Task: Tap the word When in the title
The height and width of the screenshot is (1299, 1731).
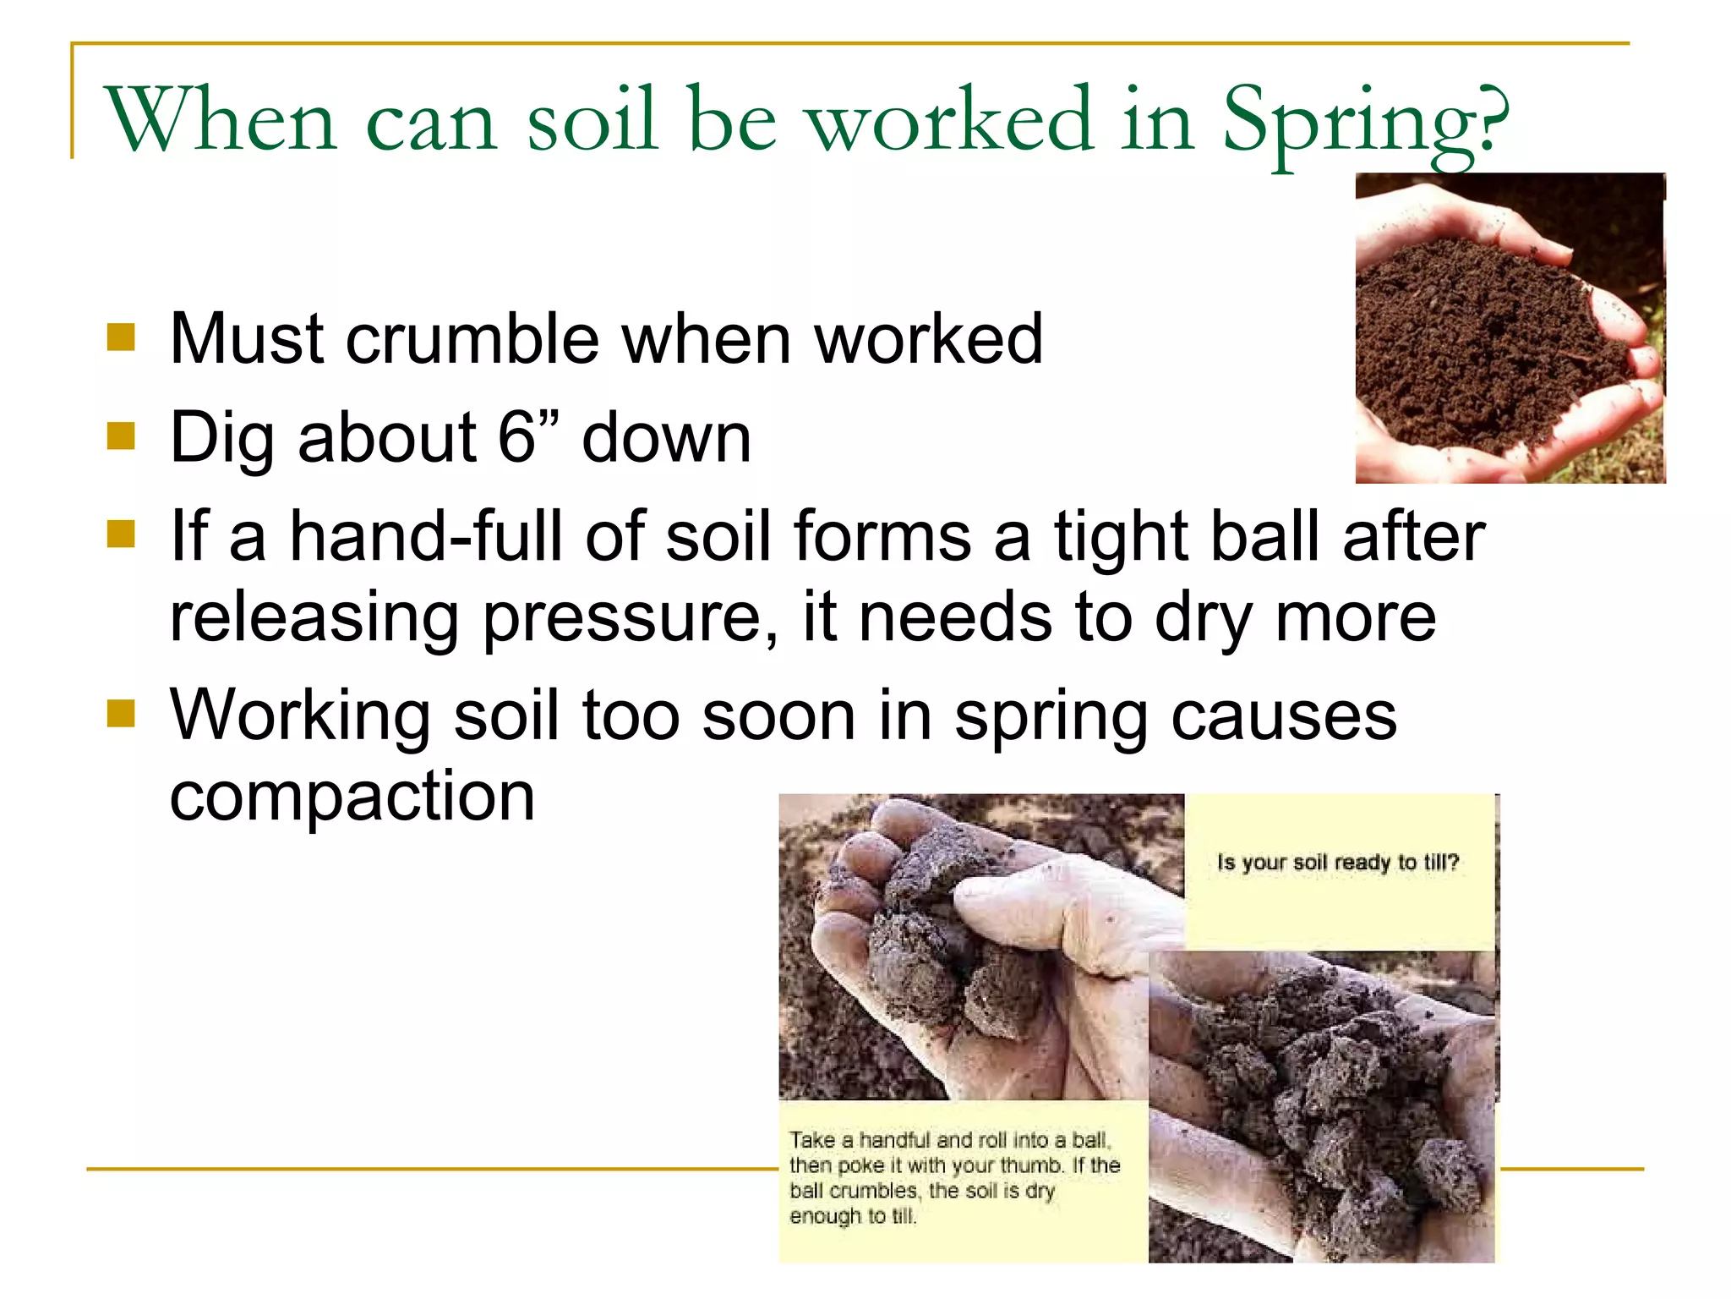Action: click(220, 120)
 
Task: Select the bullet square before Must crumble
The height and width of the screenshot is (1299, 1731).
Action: click(122, 337)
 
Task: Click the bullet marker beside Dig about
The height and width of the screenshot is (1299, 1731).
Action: click(122, 436)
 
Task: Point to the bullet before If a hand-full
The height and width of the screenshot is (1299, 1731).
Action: click(122, 534)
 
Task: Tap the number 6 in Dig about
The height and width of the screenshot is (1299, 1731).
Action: click(516, 437)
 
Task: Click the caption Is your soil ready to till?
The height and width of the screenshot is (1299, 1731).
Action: click(1338, 863)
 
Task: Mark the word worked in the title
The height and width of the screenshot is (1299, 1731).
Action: click(950, 120)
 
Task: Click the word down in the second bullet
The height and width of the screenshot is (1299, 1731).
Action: click(666, 437)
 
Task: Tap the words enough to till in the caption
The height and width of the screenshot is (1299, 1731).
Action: click(852, 1216)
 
